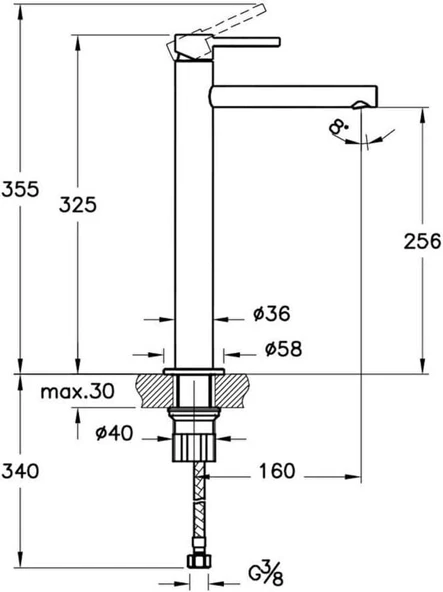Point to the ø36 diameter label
tap(271, 315)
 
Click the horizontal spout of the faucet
tap(290, 96)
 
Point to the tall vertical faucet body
tap(193, 220)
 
